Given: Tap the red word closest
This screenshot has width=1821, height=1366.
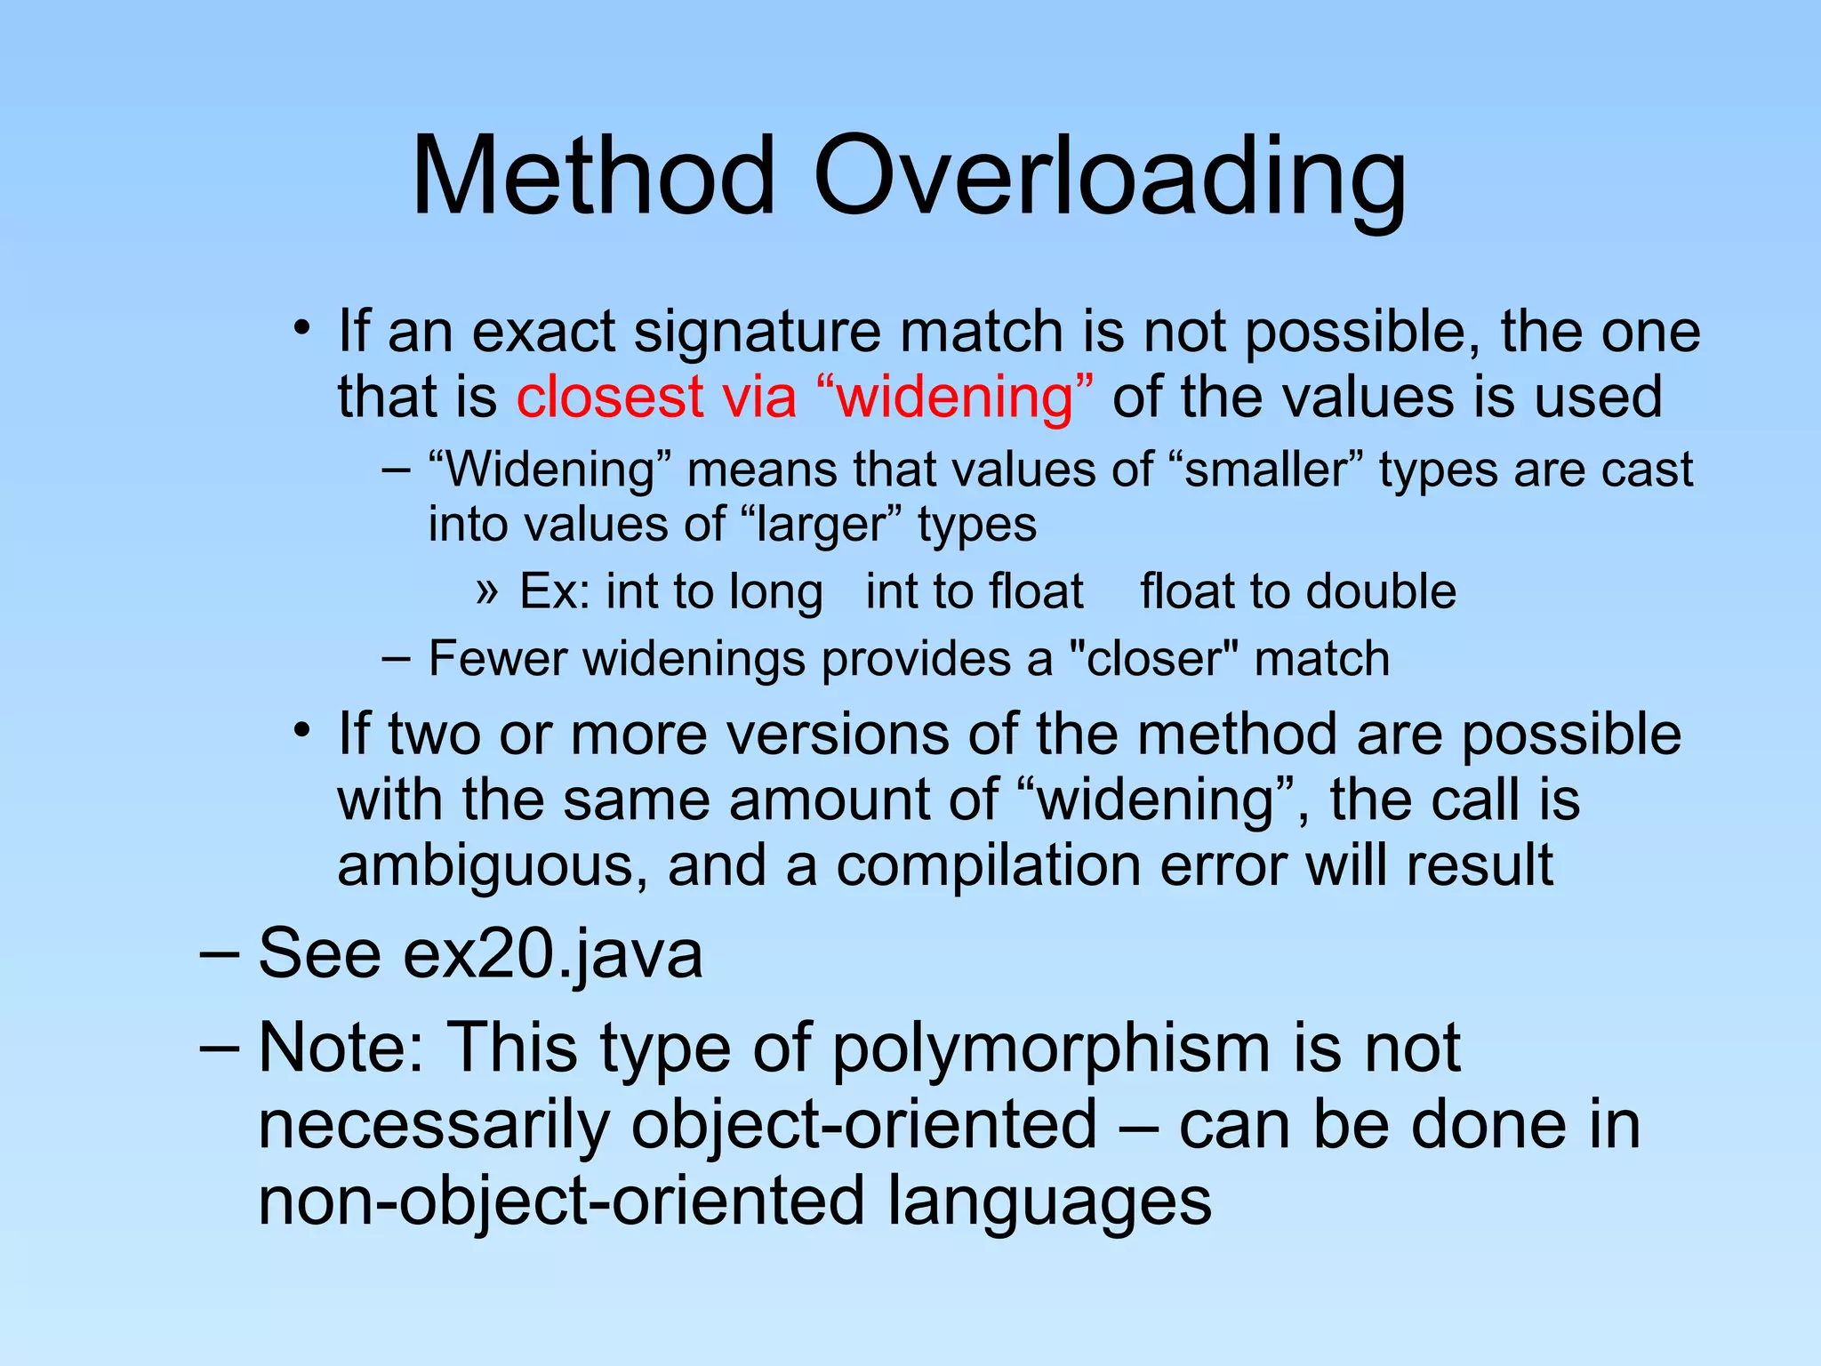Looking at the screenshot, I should (x=611, y=397).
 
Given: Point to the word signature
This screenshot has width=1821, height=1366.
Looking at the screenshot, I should (x=758, y=333).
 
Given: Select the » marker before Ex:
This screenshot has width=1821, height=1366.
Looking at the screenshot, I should (x=486, y=591).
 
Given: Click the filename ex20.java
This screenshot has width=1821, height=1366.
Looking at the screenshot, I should (x=552, y=953).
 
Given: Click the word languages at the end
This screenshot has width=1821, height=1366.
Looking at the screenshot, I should (x=1049, y=1201).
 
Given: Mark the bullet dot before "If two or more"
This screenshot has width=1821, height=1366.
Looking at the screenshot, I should (x=302, y=732).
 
